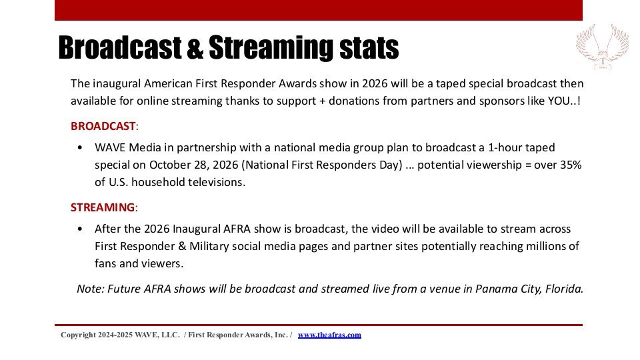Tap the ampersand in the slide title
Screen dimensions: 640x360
click(x=195, y=48)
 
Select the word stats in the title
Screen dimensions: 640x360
click(x=369, y=48)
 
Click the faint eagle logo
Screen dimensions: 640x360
click(x=603, y=47)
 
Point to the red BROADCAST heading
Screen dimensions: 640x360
click(x=103, y=126)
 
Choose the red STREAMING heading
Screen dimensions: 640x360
click(x=103, y=207)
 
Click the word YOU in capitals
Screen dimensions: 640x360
click(x=559, y=101)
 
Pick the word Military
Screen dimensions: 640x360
click(x=209, y=247)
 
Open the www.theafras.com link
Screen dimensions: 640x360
click(x=329, y=335)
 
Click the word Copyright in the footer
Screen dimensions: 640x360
click(x=78, y=335)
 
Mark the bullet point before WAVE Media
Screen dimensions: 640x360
click(x=80, y=148)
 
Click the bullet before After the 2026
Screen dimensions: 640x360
click(x=80, y=229)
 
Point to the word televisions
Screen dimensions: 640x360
click(x=216, y=183)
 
